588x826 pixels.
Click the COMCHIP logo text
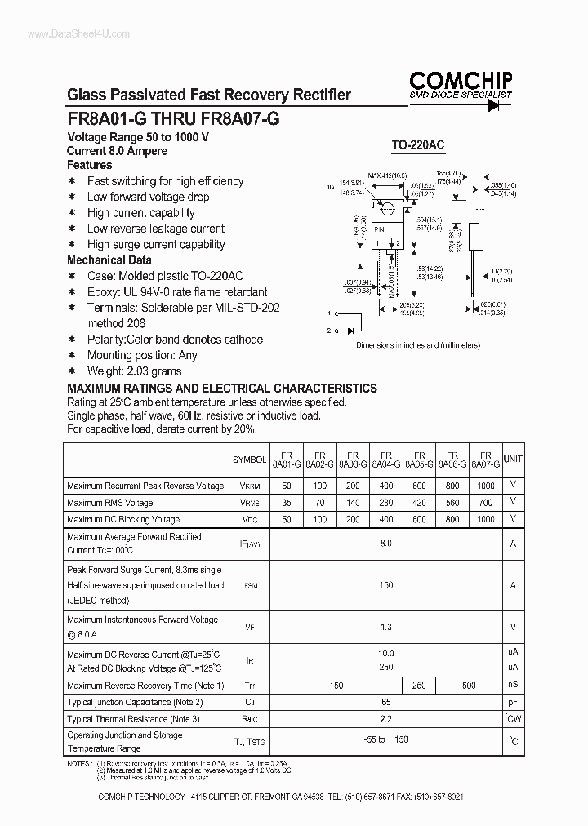coord(461,80)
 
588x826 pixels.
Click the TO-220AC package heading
coord(417,145)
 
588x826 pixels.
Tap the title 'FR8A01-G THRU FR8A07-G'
coord(173,118)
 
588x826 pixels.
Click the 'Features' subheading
coord(90,165)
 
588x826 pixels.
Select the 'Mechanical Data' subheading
coord(109,260)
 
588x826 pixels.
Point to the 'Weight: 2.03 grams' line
coord(135,371)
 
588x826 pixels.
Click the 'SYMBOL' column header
coord(250,460)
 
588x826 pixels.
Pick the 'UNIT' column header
coord(513,459)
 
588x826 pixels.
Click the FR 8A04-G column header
coord(385,459)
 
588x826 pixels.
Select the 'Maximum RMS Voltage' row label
coord(109,503)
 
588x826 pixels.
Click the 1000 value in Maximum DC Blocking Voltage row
coord(485,519)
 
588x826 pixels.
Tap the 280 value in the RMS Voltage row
coord(385,503)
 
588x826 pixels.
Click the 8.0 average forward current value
coord(385,543)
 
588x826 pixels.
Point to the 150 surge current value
coord(385,585)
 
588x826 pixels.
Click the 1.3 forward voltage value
coord(385,627)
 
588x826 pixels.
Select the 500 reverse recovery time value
coord(469,686)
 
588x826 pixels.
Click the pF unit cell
coord(513,702)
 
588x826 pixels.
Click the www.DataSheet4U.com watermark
coord(67,33)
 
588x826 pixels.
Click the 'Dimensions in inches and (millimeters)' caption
coord(418,345)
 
